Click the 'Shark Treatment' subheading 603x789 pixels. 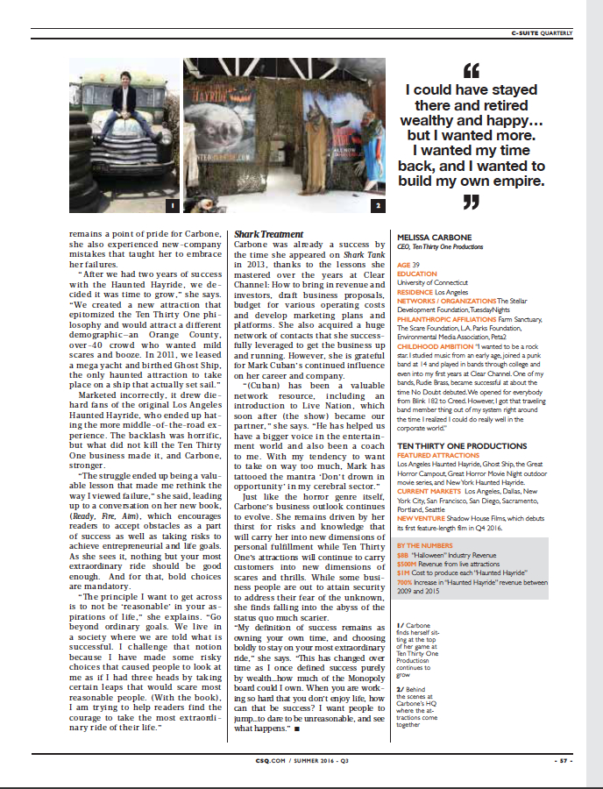pos(267,234)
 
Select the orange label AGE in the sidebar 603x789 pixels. pos(403,264)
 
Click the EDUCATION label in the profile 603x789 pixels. pos(416,274)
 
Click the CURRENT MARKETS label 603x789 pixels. pos(429,491)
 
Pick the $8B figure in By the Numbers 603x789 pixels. pos(403,555)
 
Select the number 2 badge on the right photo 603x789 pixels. pos(377,206)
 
